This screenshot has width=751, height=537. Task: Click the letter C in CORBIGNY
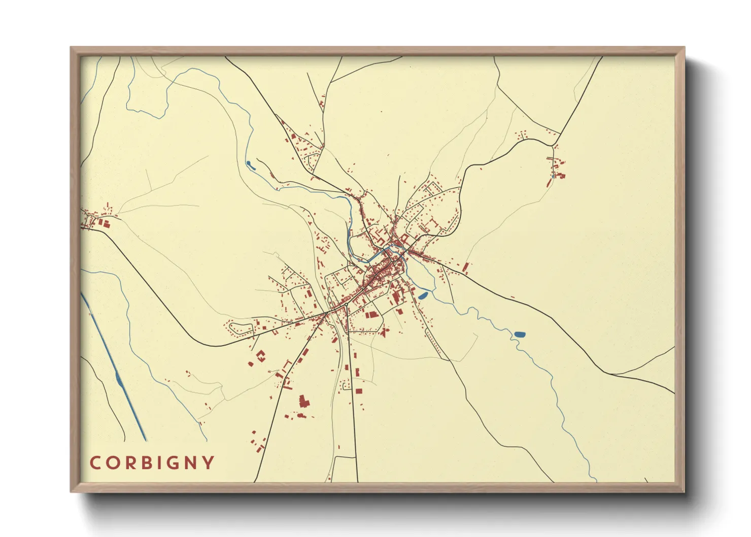click(95, 463)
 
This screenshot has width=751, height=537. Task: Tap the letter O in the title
click(112, 463)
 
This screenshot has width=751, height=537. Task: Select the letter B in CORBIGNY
click(145, 463)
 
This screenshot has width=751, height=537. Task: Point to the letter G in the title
click(173, 463)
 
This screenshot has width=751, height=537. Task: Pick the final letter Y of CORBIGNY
click(208, 463)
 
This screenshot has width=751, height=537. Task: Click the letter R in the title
click(128, 463)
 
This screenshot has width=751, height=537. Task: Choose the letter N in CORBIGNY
click(190, 463)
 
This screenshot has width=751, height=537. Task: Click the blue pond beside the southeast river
click(520, 334)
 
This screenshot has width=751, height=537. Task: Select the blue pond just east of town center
click(423, 295)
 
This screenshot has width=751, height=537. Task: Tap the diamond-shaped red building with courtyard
click(261, 355)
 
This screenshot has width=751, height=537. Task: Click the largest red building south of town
click(304, 401)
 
